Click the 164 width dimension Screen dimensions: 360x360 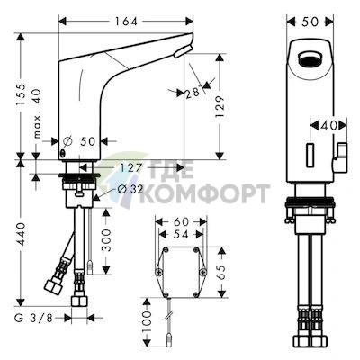coord(125,22)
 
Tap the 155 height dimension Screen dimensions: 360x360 coord(21,94)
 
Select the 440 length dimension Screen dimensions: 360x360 coord(21,234)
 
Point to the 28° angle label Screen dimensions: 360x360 coord(193,93)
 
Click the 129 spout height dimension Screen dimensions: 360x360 coord(220,107)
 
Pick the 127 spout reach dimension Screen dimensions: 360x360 coord(130,168)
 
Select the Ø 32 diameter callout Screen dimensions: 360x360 coord(130,189)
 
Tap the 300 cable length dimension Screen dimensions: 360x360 coord(106,240)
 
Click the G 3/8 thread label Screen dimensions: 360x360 coord(33,318)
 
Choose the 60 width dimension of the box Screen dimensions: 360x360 coord(181,221)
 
